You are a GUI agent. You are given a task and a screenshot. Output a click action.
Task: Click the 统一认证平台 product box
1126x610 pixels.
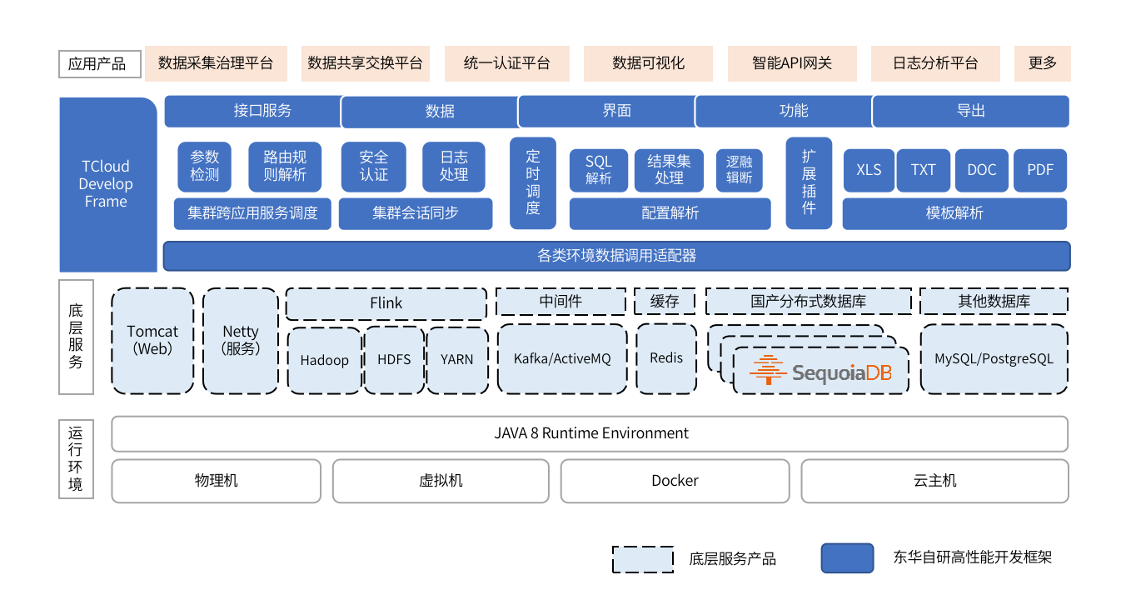point(506,63)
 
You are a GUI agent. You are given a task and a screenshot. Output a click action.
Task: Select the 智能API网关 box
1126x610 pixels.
point(792,63)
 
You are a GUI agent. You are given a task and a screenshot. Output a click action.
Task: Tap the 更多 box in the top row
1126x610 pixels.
point(1042,63)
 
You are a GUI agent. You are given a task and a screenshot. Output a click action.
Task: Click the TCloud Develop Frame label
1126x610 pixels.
point(106,184)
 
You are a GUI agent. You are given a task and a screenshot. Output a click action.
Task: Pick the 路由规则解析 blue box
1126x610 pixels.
point(285,166)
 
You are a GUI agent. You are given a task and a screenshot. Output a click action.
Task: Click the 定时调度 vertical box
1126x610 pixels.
point(533,182)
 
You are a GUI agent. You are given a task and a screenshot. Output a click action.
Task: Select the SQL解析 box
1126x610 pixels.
point(598,170)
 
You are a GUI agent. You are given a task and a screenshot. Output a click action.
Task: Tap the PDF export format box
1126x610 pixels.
point(1040,170)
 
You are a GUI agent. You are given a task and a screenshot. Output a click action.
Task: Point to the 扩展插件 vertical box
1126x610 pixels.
point(809,182)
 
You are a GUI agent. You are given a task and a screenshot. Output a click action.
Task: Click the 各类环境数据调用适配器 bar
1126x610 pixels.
point(616,256)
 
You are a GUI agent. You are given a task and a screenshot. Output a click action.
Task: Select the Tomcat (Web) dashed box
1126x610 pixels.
point(152,341)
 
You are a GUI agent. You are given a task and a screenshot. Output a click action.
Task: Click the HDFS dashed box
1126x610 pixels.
point(394,360)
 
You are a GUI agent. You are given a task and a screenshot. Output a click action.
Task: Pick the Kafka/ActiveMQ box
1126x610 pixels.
point(562,359)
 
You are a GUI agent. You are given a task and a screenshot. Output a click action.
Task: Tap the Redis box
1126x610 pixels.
point(665,358)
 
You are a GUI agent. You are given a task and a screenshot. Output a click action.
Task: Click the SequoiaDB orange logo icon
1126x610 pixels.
point(768,370)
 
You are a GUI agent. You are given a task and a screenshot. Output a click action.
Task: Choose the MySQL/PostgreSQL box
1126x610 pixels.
point(994,359)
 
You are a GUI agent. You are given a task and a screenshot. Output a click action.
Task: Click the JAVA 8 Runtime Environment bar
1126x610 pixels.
point(590,433)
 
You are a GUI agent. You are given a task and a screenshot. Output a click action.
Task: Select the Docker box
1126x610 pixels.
point(675,481)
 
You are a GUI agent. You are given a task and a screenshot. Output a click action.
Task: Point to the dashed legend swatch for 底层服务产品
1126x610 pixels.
point(643,559)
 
